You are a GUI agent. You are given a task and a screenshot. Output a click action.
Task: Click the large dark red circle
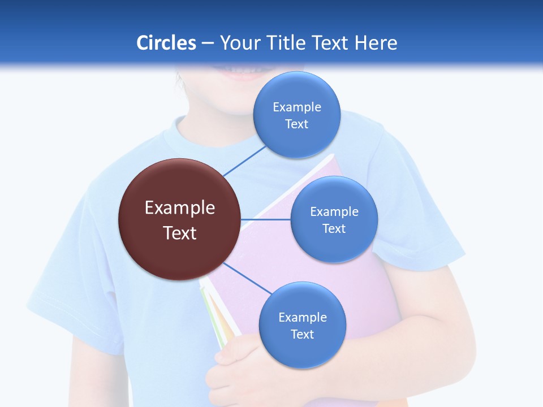click(179, 220)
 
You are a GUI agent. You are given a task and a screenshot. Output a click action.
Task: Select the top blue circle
click(297, 115)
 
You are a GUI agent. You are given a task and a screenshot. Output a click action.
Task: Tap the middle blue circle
click(334, 219)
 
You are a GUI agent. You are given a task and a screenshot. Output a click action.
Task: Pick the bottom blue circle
click(302, 325)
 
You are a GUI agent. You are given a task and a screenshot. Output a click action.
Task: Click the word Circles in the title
click(166, 43)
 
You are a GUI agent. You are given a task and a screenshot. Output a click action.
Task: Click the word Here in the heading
click(376, 43)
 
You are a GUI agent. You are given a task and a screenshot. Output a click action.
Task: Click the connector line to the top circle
click(244, 161)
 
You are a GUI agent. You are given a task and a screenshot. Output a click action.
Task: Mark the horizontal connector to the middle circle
click(266, 219)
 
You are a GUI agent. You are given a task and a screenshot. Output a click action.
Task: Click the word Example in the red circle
click(180, 208)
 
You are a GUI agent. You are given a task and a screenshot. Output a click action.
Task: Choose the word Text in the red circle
click(180, 233)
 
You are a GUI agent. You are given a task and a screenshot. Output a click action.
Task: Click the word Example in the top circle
click(297, 107)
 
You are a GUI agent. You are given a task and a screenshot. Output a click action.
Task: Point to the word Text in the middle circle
click(334, 228)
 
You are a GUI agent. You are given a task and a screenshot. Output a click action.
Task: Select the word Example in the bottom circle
click(303, 317)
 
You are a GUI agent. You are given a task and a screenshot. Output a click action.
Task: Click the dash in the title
click(208, 43)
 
